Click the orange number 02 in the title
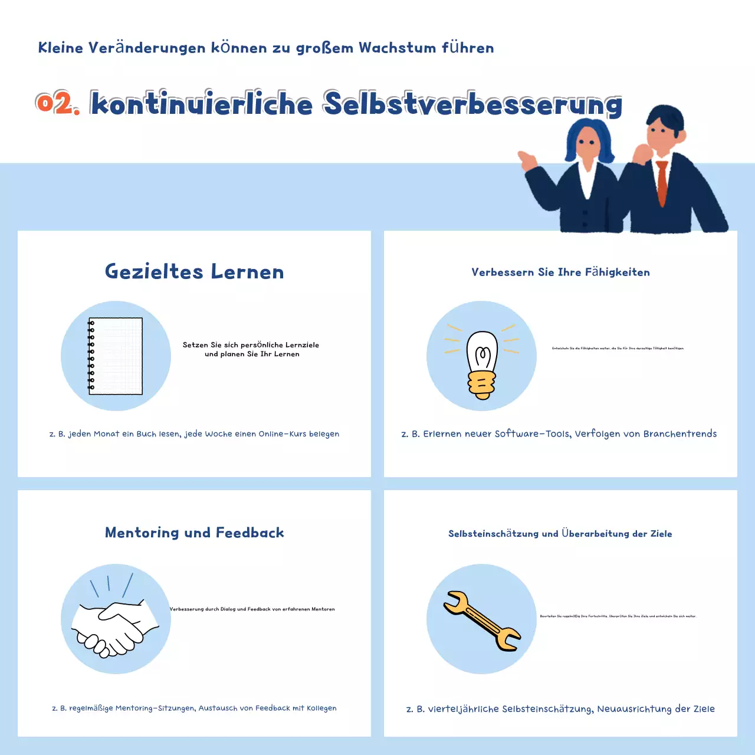[57, 104]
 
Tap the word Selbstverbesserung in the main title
[472, 104]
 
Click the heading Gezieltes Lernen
[194, 271]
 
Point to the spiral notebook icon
[116, 356]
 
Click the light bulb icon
[482, 364]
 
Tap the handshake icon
[114, 628]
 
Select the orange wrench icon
[481, 621]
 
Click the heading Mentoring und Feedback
[194, 533]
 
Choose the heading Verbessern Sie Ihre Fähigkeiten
[560, 272]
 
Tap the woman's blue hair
[587, 133]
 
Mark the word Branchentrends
[679, 434]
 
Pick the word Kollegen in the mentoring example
[321, 708]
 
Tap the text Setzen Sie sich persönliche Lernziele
[251, 345]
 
